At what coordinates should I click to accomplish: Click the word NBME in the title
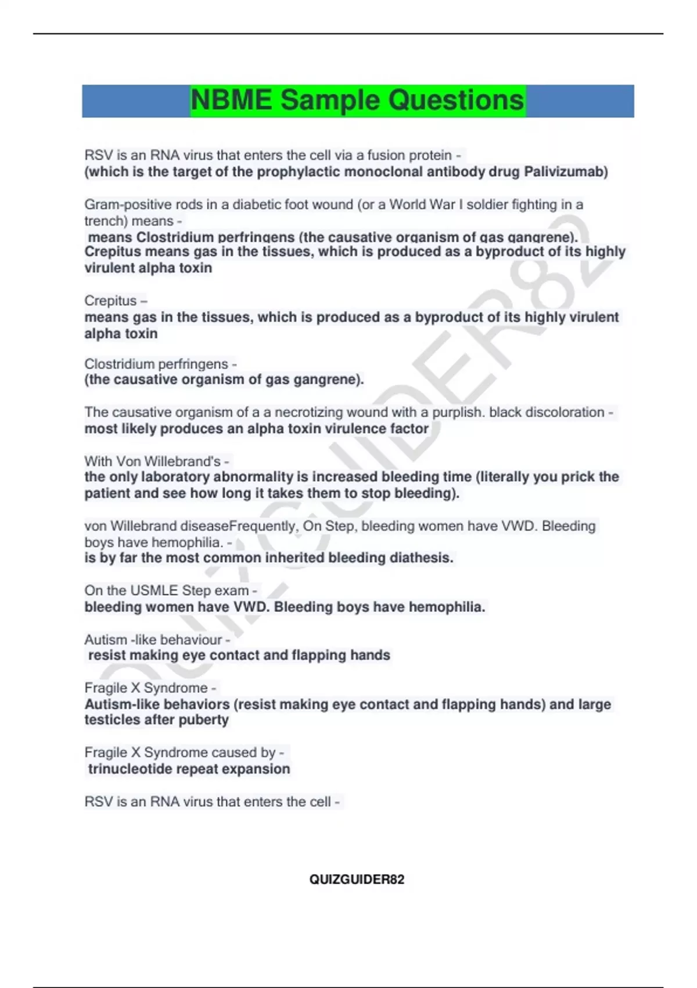(231, 100)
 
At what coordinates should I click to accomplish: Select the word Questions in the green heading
(455, 100)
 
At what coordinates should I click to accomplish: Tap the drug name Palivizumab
(566, 172)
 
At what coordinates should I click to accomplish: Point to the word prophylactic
(300, 172)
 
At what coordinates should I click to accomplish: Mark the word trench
(103, 221)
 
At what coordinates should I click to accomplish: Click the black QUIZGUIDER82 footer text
(357, 879)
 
